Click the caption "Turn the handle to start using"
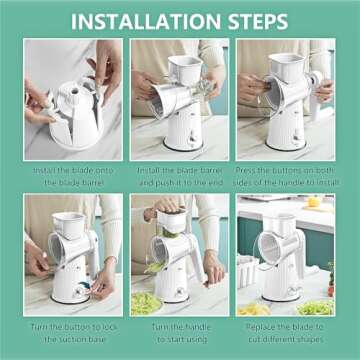click(x=180, y=332)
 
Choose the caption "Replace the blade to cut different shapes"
click(x=286, y=332)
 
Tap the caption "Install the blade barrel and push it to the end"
click(x=180, y=176)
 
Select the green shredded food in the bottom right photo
click(x=318, y=306)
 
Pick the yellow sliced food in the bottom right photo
click(x=254, y=308)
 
